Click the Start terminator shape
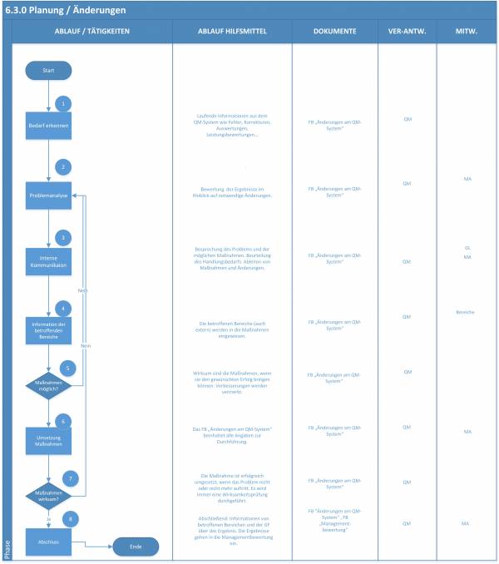pos(48,72)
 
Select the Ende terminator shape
pos(135,547)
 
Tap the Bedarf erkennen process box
pos(48,126)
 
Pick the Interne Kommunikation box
pos(48,261)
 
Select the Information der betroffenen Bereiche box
pos(48,327)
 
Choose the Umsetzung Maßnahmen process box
pos(48,439)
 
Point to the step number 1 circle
pos(62,103)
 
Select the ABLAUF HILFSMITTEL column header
pos(231,31)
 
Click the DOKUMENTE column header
pos(334,31)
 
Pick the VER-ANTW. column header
pos(407,31)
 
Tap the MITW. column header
pos(466,31)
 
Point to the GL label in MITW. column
pos(467,248)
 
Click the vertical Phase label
pos(7,549)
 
